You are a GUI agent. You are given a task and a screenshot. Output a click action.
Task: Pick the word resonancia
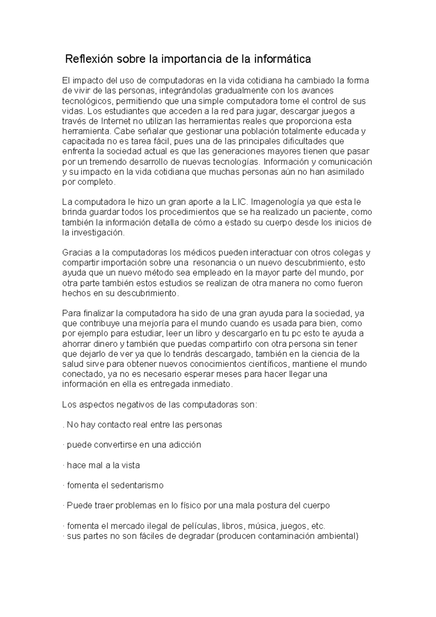click(x=213, y=262)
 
